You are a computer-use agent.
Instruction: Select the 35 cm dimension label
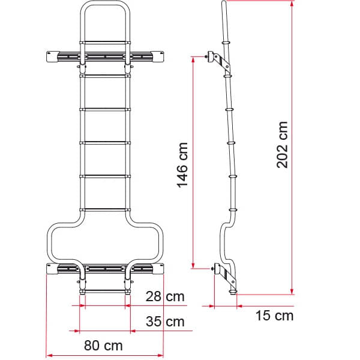coord(165,322)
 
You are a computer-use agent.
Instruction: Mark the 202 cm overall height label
coord(283,145)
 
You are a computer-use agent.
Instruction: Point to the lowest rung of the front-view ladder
coord(104,292)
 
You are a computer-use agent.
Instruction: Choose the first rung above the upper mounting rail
coord(104,42)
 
